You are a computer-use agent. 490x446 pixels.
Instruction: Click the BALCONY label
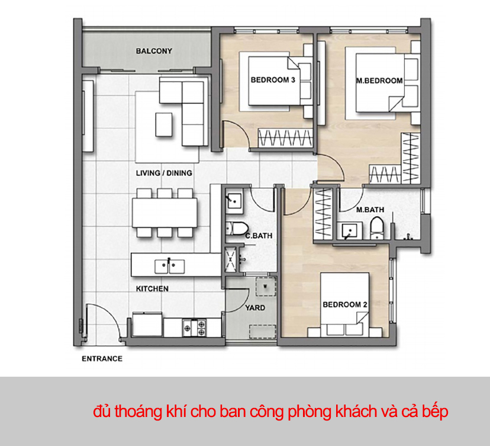coord(154,51)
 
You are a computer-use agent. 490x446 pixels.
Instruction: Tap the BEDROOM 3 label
coord(273,80)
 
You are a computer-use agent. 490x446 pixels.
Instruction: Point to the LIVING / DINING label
coord(164,173)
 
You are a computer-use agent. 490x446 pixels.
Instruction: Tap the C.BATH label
coord(259,236)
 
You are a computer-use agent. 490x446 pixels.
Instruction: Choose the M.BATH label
coord(370,210)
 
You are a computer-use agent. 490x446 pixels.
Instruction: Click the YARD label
coord(255,308)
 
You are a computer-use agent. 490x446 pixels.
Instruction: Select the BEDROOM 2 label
coord(345,304)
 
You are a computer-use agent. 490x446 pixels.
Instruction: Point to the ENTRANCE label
coord(102,358)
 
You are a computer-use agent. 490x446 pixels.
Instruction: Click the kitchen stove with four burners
coord(194,325)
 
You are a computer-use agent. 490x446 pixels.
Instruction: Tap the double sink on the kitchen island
coord(169,266)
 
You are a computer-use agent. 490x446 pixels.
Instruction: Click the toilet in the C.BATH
coord(236,228)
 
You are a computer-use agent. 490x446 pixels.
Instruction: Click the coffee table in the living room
coord(165,123)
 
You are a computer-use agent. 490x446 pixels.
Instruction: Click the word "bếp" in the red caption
coord(436,411)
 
